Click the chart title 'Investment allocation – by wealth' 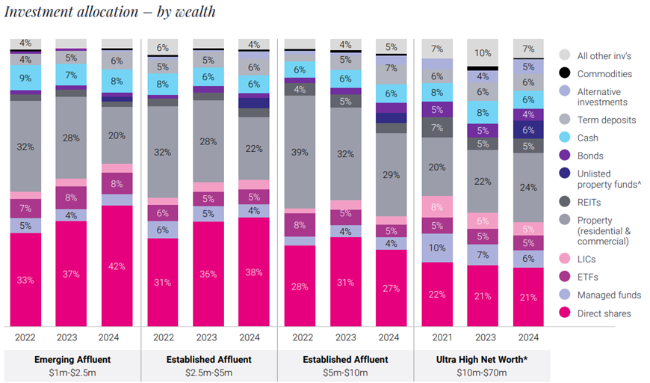click(110, 11)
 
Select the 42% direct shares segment click(117, 266)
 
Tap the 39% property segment click(300, 152)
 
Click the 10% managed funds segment click(437, 248)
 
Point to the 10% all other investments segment click(483, 53)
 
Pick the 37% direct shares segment click(72, 274)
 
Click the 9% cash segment click(25, 77)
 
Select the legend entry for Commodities click(604, 74)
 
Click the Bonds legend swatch click(566, 156)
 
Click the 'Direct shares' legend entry click(604, 313)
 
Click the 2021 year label click(437, 337)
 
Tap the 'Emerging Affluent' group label click(72, 360)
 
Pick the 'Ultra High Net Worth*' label click(483, 360)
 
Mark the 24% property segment click(528, 188)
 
